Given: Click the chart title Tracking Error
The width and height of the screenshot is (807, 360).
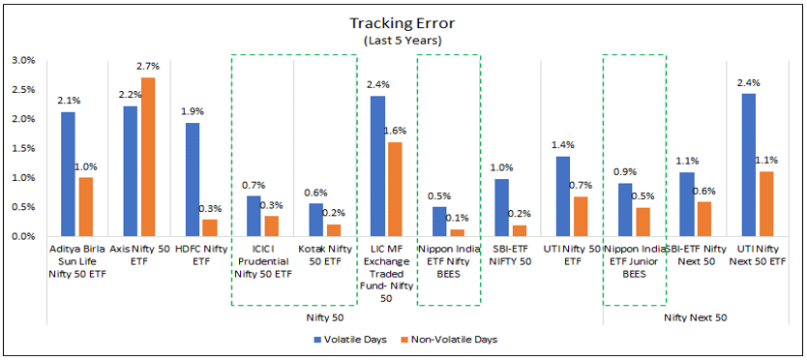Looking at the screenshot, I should (x=403, y=22).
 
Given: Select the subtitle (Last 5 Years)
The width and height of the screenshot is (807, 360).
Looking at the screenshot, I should (x=403, y=41).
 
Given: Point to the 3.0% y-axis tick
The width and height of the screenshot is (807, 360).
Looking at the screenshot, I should (x=21, y=60).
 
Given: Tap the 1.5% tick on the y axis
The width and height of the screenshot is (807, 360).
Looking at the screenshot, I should (x=21, y=148).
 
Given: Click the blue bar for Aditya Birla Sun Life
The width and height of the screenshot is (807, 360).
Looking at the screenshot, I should (x=68, y=174).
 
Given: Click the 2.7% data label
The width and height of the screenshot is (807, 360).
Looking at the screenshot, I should (x=148, y=67).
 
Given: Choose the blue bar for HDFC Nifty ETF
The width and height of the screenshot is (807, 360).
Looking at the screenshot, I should (x=193, y=180).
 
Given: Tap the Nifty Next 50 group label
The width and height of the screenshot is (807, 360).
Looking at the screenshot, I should (x=696, y=316).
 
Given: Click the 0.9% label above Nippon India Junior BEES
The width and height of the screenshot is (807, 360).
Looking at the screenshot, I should (x=624, y=172).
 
